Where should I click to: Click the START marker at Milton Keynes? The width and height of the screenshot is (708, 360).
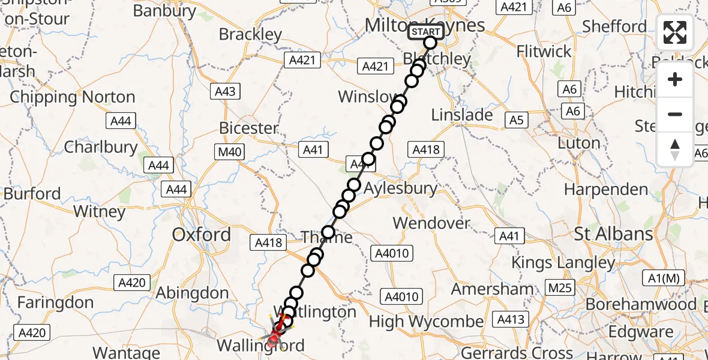(426, 32)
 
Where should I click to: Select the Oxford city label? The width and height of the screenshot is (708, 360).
(201, 235)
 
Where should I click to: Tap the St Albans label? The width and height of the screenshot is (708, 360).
(613, 234)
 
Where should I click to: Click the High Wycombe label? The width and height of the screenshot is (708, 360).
(426, 322)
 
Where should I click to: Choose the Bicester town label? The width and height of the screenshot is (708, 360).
(248, 128)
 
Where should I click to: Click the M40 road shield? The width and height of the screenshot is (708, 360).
(230, 152)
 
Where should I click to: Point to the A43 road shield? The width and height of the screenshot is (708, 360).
(225, 91)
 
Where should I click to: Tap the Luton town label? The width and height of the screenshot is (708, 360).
(579, 143)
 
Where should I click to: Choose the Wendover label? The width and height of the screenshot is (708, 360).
(431, 223)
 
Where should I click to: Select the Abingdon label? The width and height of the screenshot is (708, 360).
(192, 293)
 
